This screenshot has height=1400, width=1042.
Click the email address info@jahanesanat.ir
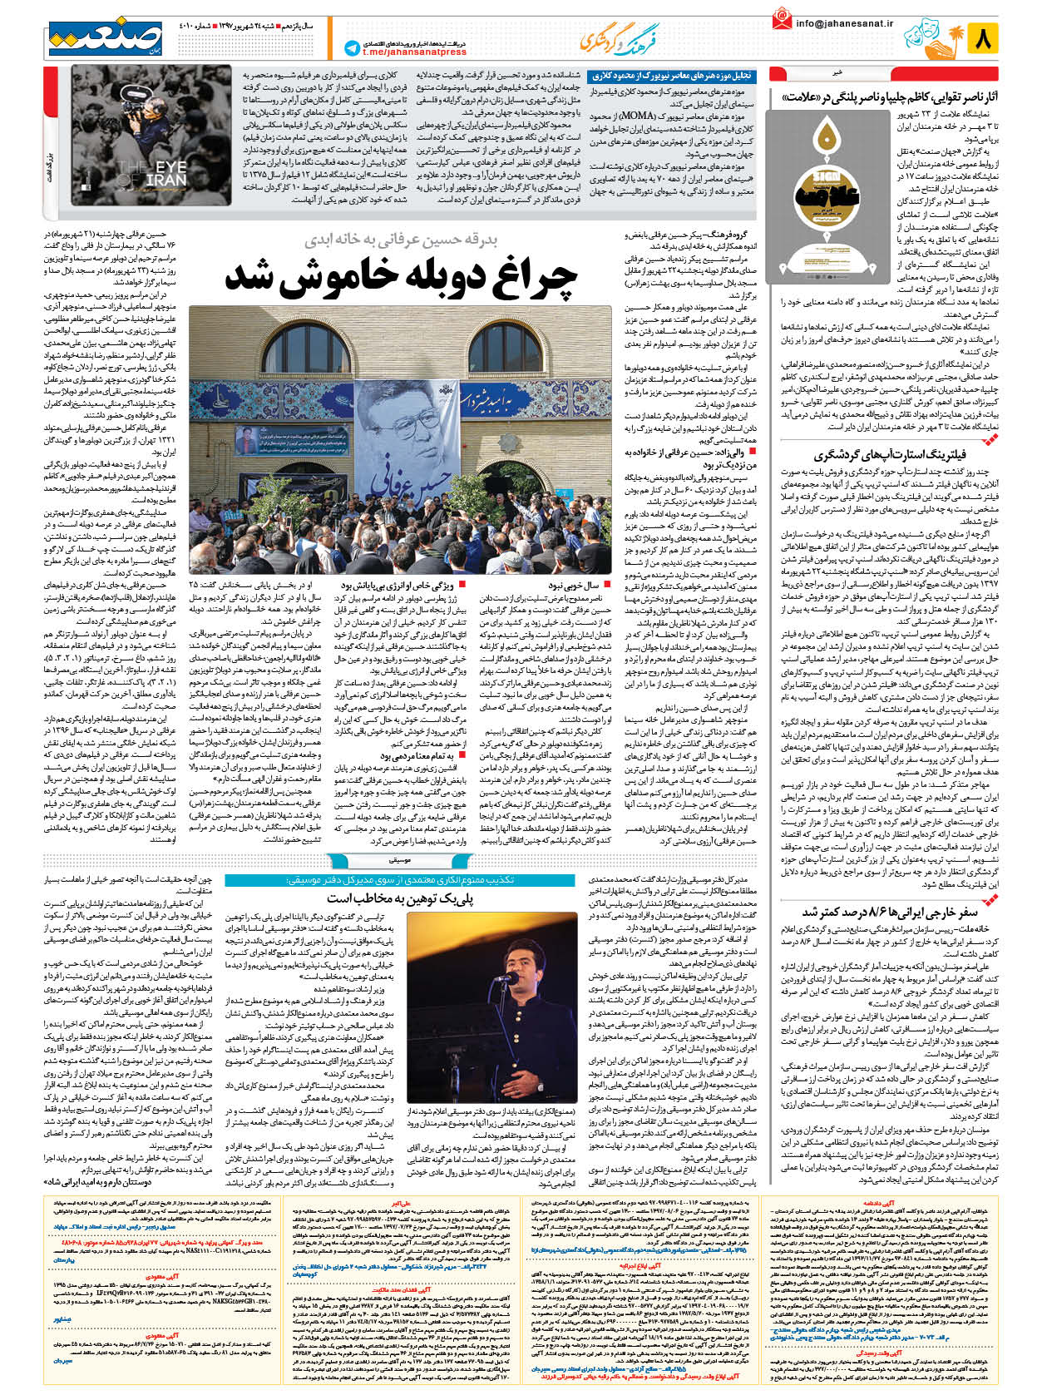(843, 23)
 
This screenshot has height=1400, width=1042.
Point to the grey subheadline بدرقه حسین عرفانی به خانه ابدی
(401, 240)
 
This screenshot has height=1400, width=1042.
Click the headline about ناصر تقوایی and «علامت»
(888, 97)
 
